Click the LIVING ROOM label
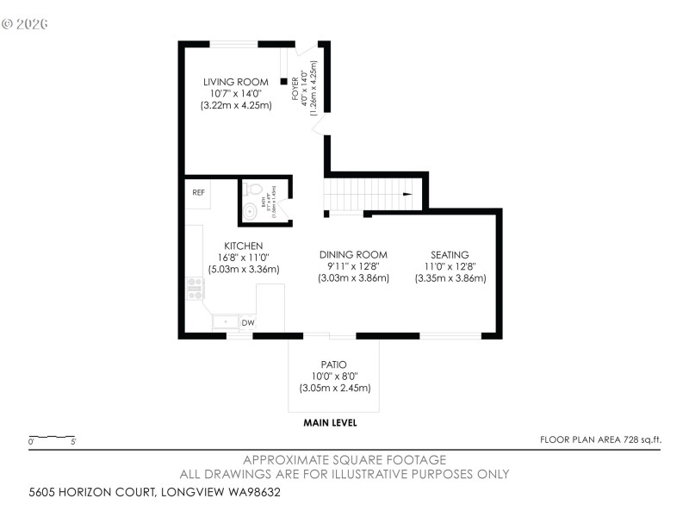tap(235, 82)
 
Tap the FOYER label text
tap(295, 89)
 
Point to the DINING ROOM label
tap(353, 255)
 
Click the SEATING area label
tap(450, 255)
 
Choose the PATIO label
tap(334, 364)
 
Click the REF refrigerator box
tap(198, 192)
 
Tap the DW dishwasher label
tap(247, 323)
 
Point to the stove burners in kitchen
tap(195, 289)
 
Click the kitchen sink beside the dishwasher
tap(226, 322)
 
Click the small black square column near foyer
tap(282, 83)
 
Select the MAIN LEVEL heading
tap(330, 423)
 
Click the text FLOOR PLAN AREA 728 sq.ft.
tap(600, 439)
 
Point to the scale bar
tap(53, 438)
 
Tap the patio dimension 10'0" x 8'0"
tap(334, 377)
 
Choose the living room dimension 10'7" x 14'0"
tap(235, 93)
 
